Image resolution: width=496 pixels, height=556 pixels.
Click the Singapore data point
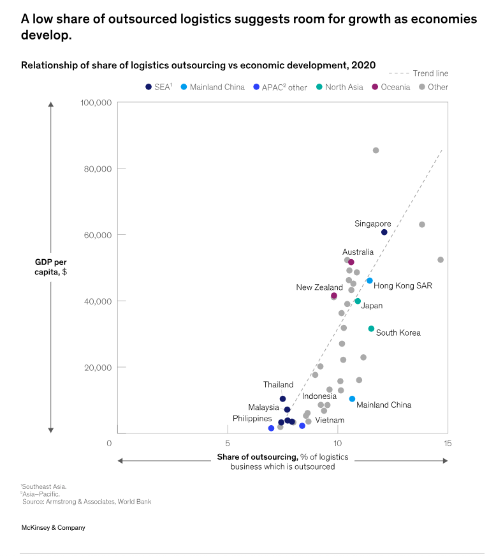coord(384,232)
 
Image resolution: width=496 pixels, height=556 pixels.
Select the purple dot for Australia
coord(351,262)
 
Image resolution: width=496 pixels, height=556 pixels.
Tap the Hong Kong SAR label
coord(402,285)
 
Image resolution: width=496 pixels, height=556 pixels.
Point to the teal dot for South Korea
coord(371,329)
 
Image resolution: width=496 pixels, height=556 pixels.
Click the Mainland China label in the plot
coord(383,405)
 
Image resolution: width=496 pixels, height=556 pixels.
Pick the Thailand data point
coord(283,399)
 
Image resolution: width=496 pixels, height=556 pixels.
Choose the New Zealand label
coord(319,287)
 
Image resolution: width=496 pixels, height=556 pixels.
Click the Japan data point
coord(358,301)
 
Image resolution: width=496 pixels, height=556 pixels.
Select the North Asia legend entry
coord(339,87)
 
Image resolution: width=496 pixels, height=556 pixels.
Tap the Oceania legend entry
coord(391,87)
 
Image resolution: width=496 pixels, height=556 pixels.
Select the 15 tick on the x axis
coord(448,443)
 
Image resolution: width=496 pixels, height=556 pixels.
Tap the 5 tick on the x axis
coord(228,443)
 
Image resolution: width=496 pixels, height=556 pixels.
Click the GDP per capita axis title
coord(50,267)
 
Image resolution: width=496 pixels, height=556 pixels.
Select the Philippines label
coord(252,419)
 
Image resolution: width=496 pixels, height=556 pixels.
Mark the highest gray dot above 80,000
coord(376,151)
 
